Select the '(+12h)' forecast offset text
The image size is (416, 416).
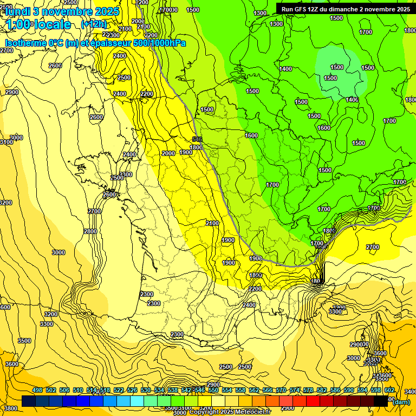94,24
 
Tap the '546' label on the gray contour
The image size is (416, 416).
197,140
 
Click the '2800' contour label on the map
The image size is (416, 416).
90,231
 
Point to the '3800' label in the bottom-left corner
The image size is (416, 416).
10,408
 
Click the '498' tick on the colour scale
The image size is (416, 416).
37,390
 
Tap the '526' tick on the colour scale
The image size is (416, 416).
132,390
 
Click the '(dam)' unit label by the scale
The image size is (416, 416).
401,402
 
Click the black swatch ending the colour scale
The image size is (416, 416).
381,401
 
